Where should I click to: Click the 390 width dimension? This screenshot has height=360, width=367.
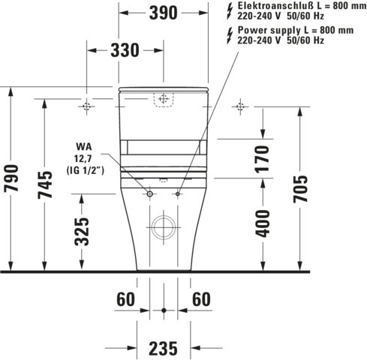[162, 13]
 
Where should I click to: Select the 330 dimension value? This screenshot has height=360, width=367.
[124, 50]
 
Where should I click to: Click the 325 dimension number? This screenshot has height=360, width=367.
[83, 231]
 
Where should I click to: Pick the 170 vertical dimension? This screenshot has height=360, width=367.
[262, 160]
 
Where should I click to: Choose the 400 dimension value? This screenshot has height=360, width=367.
[262, 223]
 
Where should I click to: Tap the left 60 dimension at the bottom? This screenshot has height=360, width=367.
[125, 299]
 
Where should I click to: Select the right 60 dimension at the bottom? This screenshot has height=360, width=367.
[201, 299]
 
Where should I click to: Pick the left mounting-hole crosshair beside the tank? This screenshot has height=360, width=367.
[86, 106]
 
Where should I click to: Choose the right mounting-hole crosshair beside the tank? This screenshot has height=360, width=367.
[239, 106]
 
